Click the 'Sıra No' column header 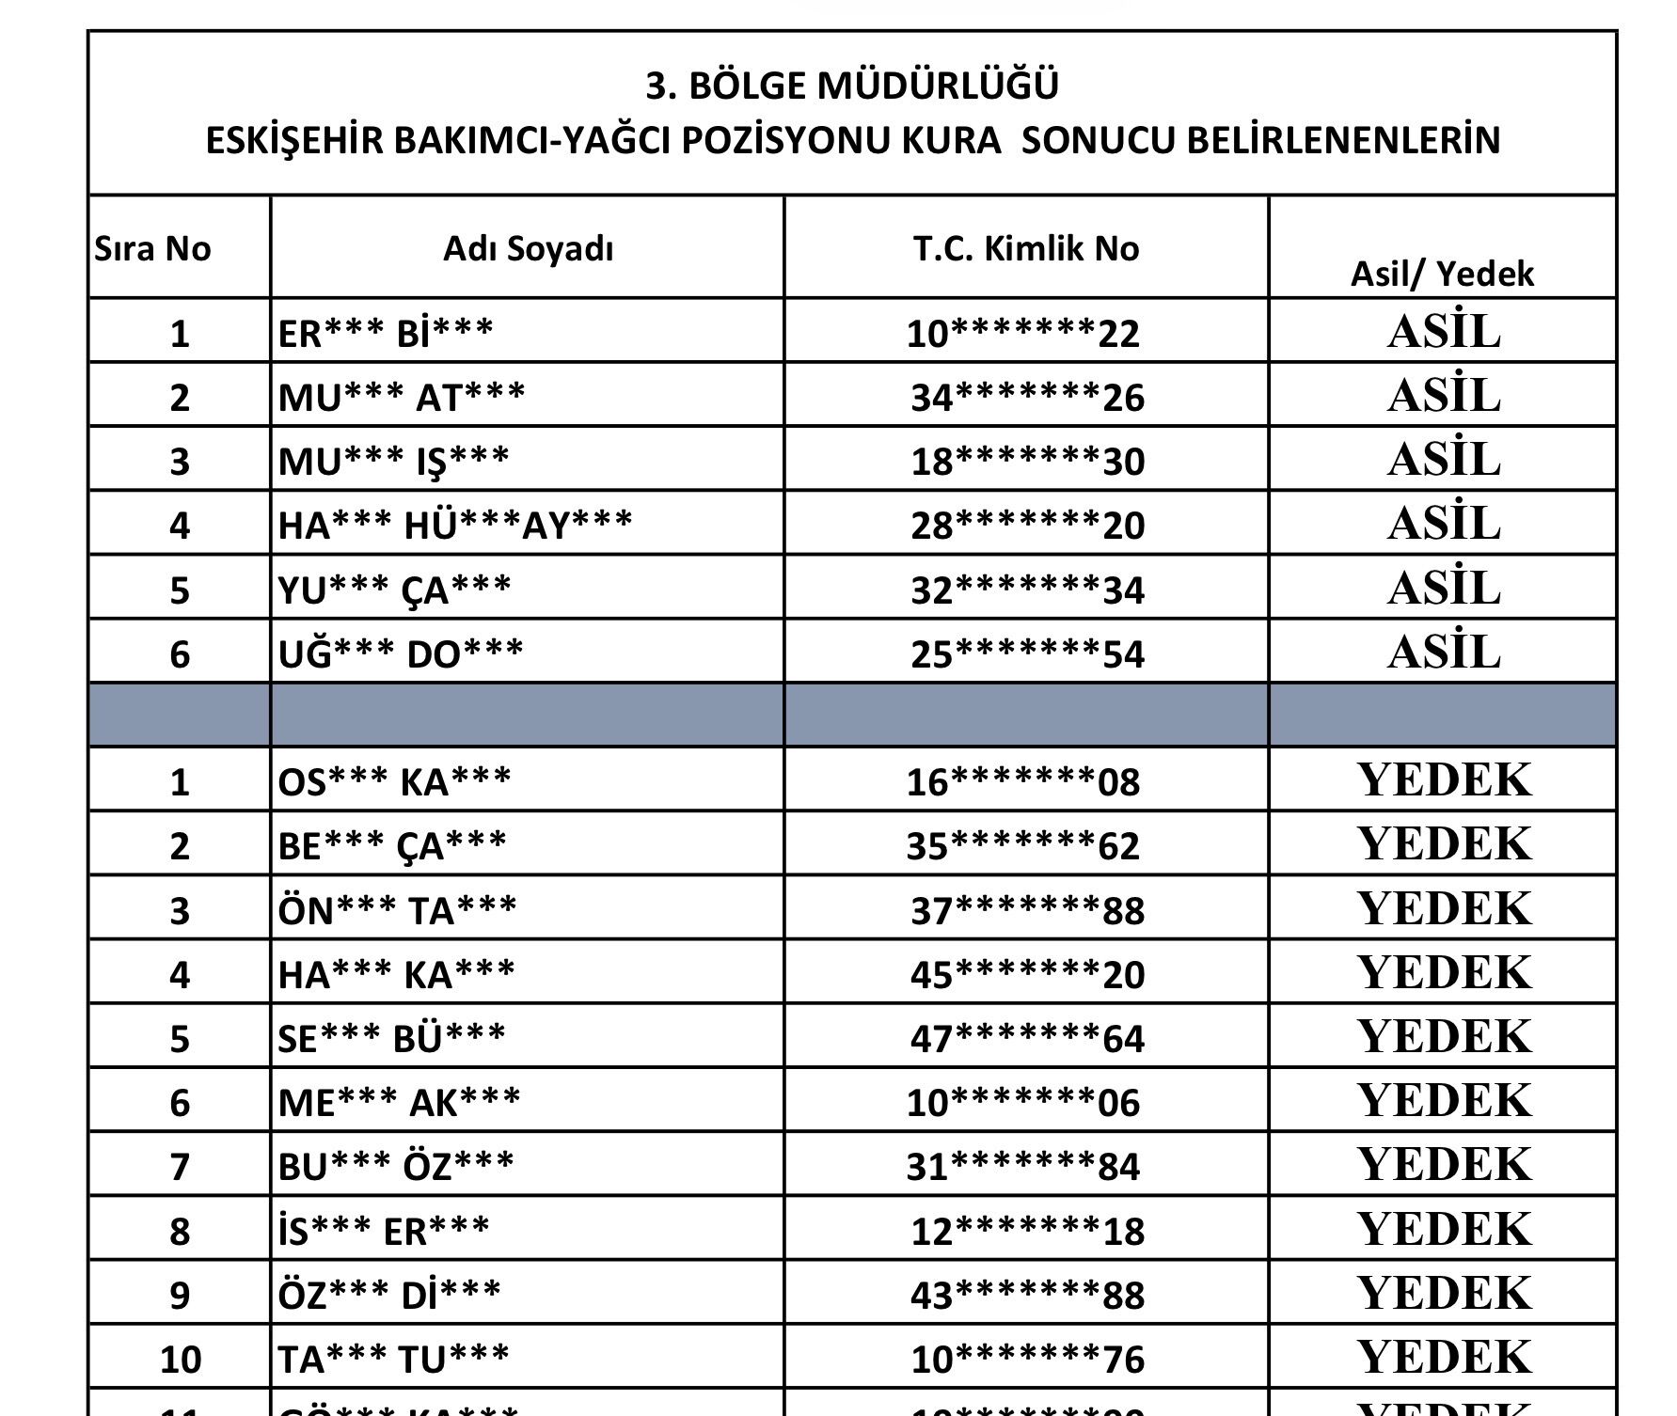pos(152,249)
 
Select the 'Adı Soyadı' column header pos(528,249)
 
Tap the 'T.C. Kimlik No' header pos(1025,249)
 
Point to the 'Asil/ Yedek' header pos(1442,274)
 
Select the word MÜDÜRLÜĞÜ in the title pos(939,86)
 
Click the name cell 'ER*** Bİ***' pos(386,333)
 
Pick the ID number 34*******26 pos(1027,398)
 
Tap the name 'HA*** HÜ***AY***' pos(455,525)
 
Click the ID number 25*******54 pos(1027,653)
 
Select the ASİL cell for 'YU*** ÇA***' pos(1443,589)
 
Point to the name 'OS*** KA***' pos(394,781)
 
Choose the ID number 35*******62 pos(1022,846)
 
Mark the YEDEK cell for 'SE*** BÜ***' pos(1444,1036)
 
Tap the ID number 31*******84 pos(1022,1167)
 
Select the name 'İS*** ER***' pos(384,1231)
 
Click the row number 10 pos(180,1360)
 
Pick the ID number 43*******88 pos(1027,1296)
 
